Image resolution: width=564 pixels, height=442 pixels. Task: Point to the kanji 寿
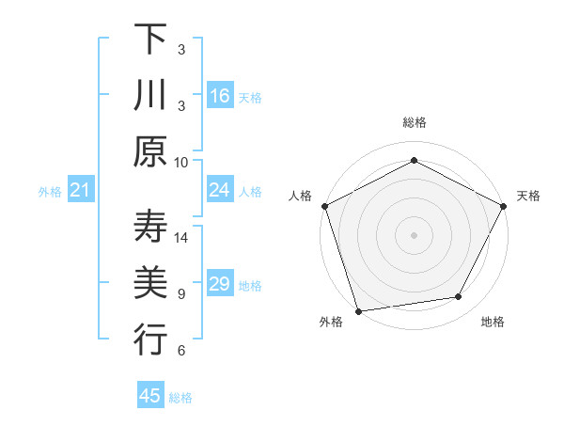(150, 227)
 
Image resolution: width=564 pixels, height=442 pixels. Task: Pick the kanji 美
(150, 282)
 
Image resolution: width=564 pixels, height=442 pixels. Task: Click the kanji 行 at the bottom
(150, 339)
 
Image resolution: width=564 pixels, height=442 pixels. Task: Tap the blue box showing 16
(220, 95)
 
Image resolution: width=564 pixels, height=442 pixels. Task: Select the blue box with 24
(220, 190)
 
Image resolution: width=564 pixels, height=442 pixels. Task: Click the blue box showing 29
(220, 284)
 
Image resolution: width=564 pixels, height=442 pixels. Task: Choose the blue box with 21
(80, 191)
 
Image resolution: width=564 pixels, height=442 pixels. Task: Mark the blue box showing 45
(150, 396)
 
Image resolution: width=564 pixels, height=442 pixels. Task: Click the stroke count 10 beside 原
(181, 161)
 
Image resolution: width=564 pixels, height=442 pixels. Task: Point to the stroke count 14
(181, 238)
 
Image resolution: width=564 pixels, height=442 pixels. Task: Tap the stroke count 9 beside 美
(181, 293)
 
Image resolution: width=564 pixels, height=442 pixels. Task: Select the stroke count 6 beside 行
(181, 350)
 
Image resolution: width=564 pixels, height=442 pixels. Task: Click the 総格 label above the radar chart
(415, 122)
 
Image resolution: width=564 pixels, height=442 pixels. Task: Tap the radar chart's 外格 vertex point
(358, 310)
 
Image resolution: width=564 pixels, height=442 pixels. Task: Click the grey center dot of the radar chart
(415, 234)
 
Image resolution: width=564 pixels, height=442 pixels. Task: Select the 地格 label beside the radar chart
(493, 323)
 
